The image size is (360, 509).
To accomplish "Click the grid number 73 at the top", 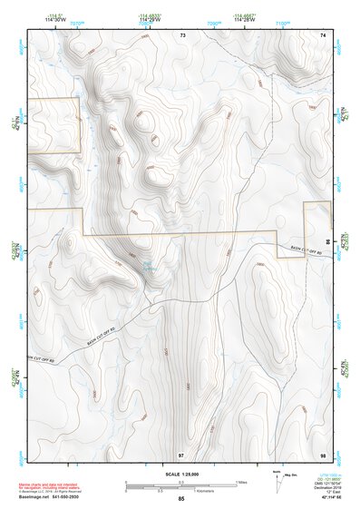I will point(181,34).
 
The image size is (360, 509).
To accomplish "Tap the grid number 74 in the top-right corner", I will point(323,34).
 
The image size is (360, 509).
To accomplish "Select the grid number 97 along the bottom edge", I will point(181,454).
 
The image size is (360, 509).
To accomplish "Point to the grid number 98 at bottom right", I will point(323,454).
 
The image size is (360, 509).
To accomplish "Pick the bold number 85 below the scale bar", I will point(181,498).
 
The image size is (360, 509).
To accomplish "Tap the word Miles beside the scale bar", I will point(241,482).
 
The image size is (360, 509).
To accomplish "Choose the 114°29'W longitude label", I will point(147,20).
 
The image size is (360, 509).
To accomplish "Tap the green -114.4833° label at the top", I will point(147,15).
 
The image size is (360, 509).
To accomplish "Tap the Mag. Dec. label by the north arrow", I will point(292,475).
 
